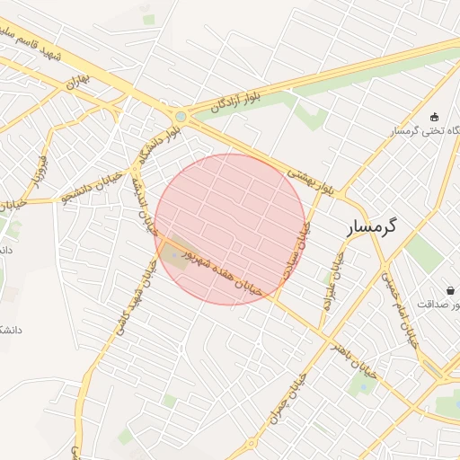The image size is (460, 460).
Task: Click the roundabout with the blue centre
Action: point(181,116)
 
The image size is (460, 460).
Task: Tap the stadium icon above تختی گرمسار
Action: point(435,116)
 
